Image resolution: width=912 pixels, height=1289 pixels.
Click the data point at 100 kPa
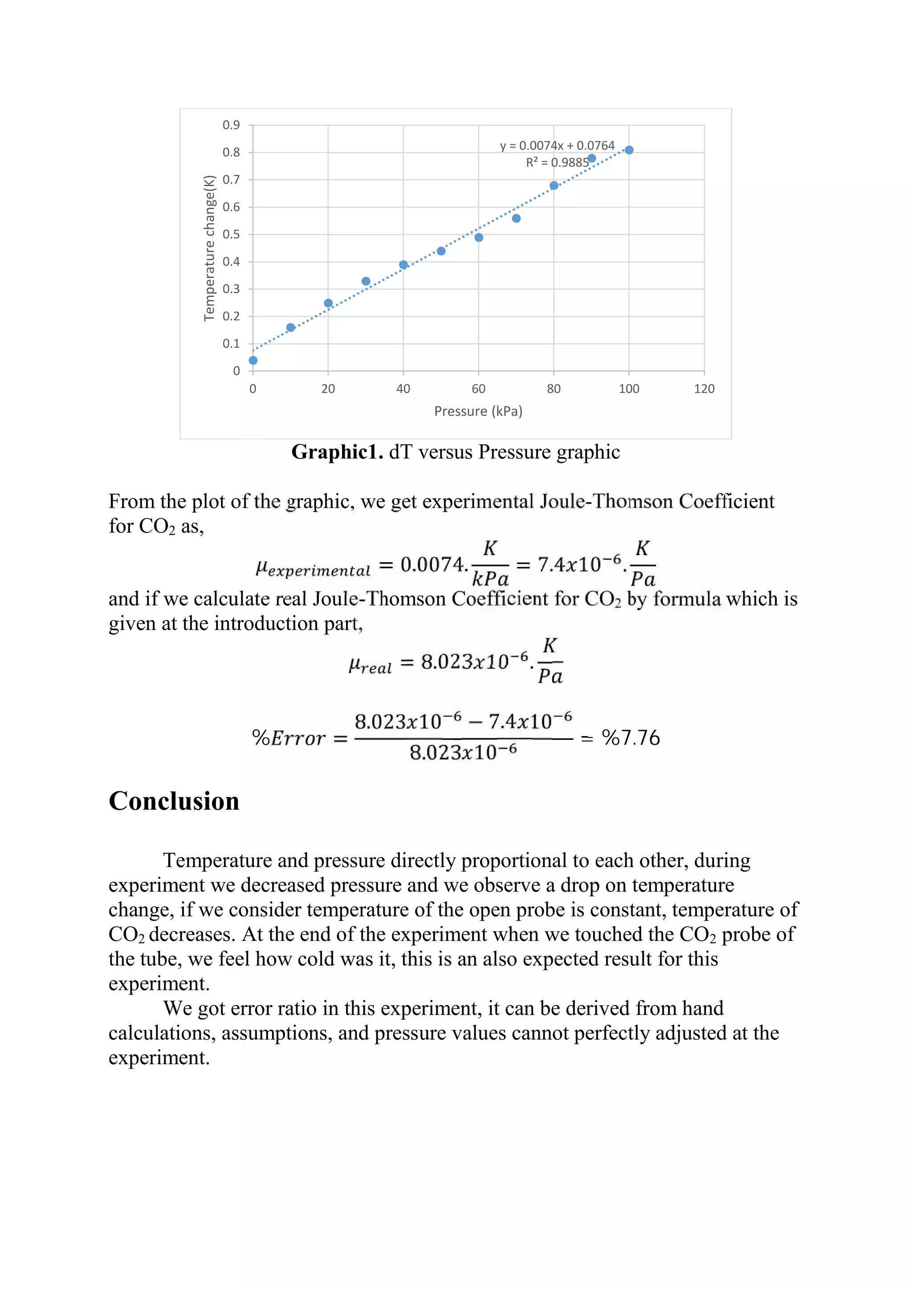coord(629,150)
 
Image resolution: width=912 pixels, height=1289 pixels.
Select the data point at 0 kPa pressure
coord(253,361)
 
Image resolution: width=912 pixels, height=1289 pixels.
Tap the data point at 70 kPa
coord(516,219)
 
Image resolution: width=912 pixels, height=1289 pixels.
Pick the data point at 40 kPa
coord(403,265)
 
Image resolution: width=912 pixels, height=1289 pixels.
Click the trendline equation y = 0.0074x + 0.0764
coord(557,146)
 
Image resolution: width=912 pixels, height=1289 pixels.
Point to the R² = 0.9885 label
coord(557,163)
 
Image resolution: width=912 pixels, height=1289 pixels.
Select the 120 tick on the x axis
coord(704,389)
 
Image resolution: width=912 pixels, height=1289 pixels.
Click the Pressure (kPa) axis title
coord(478,412)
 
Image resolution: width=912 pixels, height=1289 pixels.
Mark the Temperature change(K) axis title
coord(209,248)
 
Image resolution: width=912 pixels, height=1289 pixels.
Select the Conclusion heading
coord(174,801)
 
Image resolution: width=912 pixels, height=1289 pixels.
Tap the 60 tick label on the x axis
coord(478,389)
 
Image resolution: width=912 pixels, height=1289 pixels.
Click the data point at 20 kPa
coord(329,303)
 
